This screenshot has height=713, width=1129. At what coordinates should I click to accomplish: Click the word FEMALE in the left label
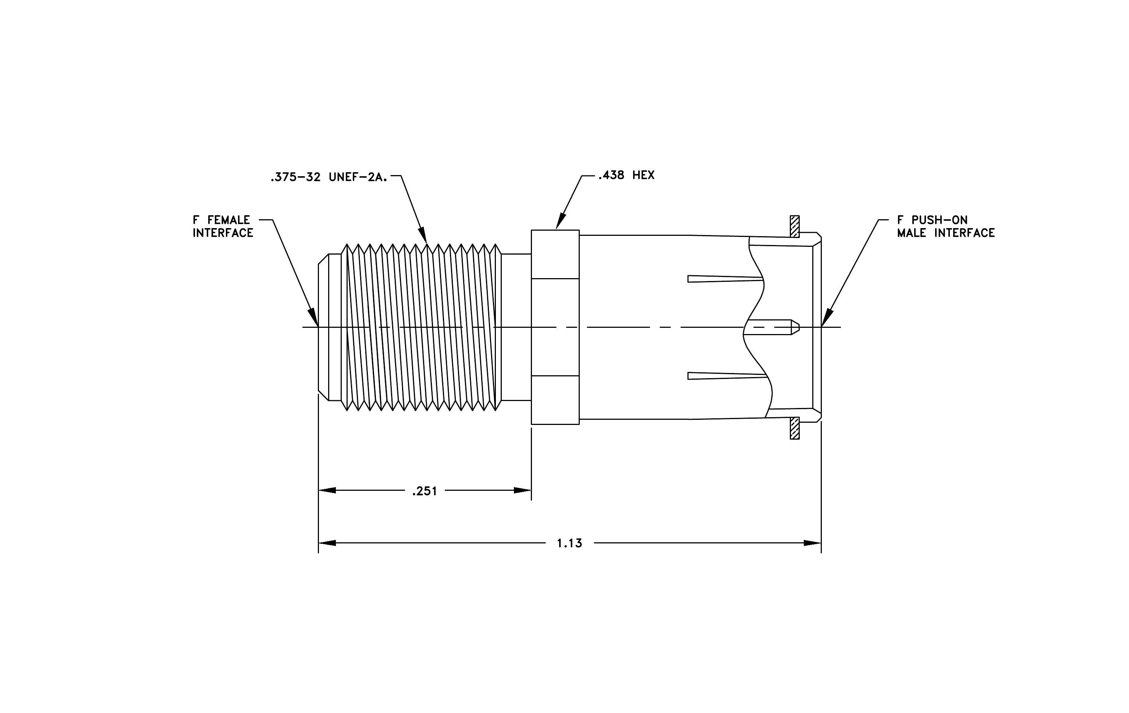click(x=229, y=220)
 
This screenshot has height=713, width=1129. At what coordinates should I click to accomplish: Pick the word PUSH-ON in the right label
click(x=939, y=220)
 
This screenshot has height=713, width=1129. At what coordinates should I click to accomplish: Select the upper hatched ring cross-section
click(x=795, y=226)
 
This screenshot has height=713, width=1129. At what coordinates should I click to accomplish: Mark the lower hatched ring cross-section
click(x=795, y=428)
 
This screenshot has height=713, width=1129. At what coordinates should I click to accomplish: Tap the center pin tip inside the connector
click(x=795, y=327)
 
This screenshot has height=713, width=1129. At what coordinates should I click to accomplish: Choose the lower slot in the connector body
click(x=727, y=376)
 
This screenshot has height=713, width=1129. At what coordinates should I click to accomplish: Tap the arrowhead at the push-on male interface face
click(x=827, y=318)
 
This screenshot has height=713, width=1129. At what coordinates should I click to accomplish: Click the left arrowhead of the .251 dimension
click(x=327, y=490)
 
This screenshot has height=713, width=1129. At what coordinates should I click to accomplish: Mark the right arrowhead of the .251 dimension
click(x=522, y=490)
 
